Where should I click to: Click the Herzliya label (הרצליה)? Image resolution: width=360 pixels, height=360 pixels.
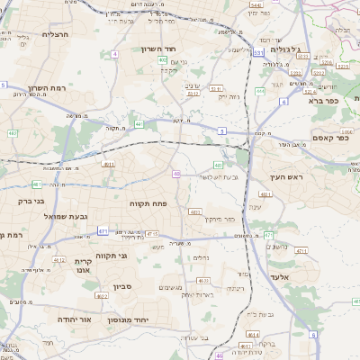[55, 33]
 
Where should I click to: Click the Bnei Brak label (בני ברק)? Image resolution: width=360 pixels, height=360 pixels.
[31, 201]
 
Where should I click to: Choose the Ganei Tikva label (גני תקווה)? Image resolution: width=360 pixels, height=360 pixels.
[111, 256]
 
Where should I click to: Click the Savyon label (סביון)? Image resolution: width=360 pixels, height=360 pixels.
[122, 287]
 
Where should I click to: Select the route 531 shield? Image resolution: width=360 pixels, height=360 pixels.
[257, 53]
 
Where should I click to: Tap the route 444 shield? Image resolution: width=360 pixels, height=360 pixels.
[259, 91]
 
